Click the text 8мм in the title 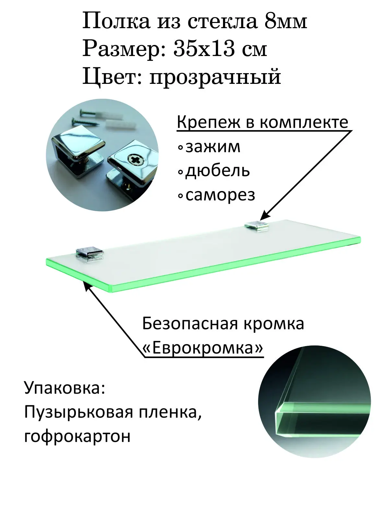pos(286,22)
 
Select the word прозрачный pos(215,78)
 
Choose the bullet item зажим pos(213,147)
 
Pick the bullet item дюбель pos(217,171)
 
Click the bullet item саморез pos(220,195)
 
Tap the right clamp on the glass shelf pos(258,226)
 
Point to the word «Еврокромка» pos(203,348)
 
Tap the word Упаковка pos(65,388)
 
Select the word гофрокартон pos(77,436)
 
